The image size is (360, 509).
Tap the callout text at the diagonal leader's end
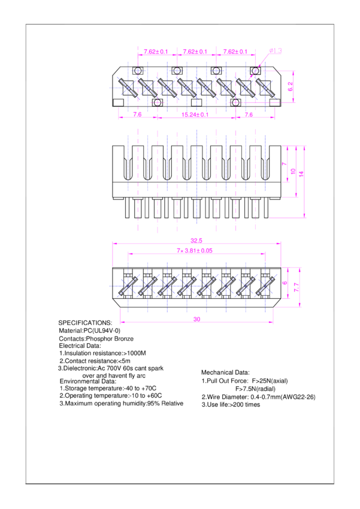276,51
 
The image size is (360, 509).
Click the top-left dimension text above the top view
156,52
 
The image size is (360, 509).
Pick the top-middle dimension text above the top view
195,52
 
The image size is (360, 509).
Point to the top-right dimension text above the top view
235,52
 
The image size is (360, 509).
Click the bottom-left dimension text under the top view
138,114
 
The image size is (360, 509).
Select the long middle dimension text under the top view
195,114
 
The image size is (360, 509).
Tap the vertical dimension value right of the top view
291,87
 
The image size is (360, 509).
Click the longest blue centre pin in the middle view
196,177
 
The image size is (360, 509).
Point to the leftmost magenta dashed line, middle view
138,180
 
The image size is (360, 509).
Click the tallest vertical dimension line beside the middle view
304,181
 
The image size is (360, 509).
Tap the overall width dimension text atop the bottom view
196,241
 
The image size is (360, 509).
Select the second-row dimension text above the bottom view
195,251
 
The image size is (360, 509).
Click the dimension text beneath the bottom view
196,320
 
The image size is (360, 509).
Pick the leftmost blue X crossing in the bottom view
128,286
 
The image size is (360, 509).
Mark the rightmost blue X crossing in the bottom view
265,286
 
